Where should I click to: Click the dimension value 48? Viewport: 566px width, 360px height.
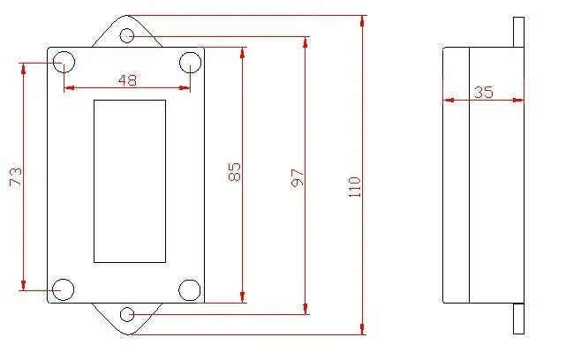(127, 80)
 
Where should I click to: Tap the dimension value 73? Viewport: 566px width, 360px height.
(16, 176)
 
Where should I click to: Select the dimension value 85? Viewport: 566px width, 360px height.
(234, 171)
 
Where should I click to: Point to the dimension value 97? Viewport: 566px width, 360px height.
(298, 177)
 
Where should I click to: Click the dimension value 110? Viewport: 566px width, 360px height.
(355, 187)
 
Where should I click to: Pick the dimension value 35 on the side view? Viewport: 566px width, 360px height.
(484, 93)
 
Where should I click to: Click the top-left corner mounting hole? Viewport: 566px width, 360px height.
(64, 62)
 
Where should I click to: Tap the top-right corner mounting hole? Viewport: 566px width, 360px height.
(190, 63)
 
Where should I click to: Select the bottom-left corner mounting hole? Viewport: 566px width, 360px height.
(64, 289)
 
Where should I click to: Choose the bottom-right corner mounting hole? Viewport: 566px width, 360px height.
(190, 290)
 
